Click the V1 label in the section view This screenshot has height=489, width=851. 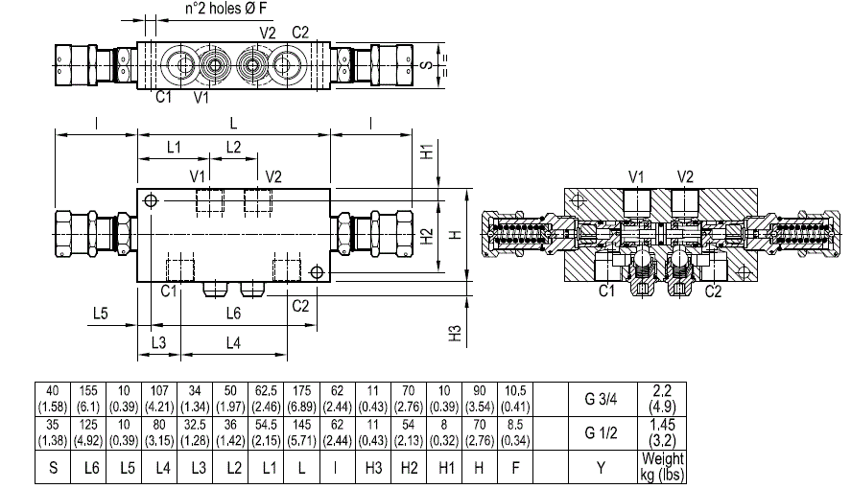pyautogui.click(x=635, y=176)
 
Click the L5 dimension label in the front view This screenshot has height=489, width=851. pyautogui.click(x=101, y=314)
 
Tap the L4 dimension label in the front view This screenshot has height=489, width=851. pyautogui.click(x=233, y=342)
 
